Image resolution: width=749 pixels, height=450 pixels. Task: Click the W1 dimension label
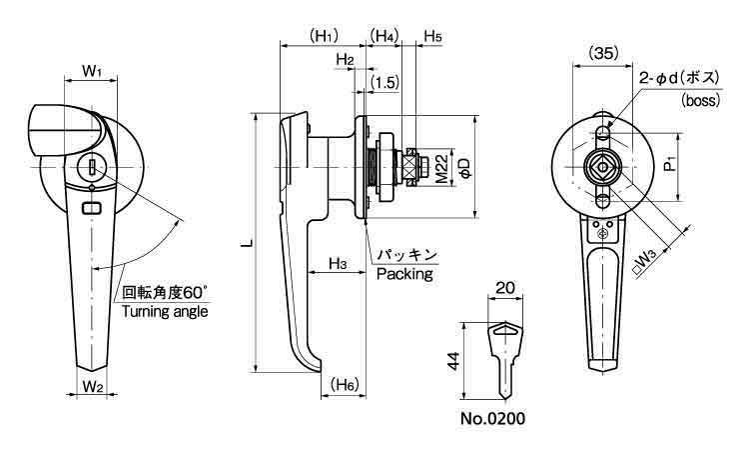click(x=93, y=71)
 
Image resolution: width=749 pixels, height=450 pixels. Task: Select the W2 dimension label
click(x=93, y=385)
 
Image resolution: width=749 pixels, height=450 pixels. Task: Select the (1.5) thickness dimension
click(x=384, y=80)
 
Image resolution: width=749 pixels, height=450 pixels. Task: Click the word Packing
click(x=404, y=273)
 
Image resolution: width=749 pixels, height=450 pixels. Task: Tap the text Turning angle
click(x=165, y=311)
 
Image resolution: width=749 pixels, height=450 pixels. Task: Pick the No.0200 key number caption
click(x=492, y=418)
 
